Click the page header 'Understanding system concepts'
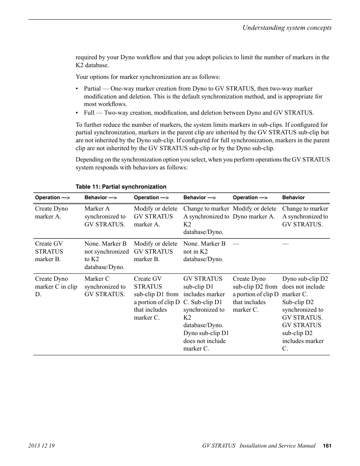(286, 28)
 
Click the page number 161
(327, 446)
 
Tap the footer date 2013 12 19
(42, 446)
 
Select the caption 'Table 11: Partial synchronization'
(121, 186)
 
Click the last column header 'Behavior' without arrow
(293, 197)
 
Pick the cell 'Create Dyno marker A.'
(51, 212)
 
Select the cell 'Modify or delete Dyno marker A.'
(254, 212)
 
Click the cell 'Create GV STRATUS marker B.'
(49, 251)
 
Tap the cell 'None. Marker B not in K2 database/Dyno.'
(204, 251)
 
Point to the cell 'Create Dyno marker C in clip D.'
(56, 286)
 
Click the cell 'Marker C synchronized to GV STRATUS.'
(105, 286)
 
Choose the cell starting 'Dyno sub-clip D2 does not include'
(305, 314)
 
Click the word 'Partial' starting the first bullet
(92, 89)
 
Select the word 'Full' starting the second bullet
(89, 112)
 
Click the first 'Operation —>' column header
(52, 197)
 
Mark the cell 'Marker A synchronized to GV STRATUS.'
(105, 216)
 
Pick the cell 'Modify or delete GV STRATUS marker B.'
(155, 251)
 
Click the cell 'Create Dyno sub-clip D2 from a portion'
(255, 294)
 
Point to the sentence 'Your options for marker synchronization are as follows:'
(148, 77)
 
